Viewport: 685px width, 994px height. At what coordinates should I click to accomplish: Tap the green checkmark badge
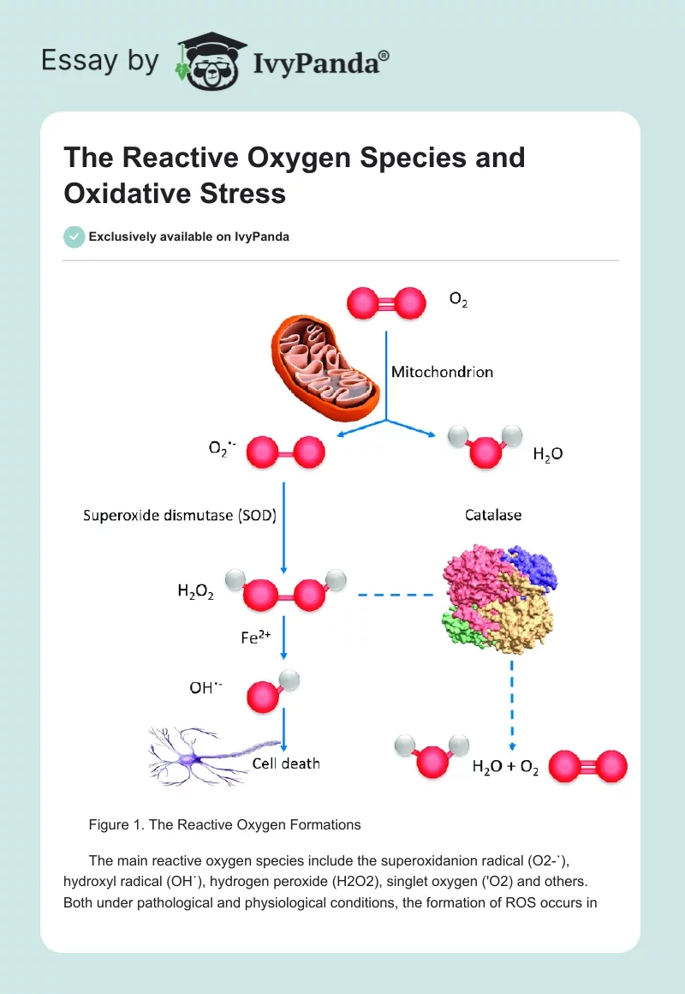[74, 237]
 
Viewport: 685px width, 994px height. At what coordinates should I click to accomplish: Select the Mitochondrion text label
[442, 372]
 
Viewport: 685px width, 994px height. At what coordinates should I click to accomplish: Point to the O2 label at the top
[458, 301]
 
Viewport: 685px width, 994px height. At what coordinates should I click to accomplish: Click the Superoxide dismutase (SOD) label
[179, 516]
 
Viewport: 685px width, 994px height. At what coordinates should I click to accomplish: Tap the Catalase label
[493, 516]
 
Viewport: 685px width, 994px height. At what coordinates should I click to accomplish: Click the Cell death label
[286, 763]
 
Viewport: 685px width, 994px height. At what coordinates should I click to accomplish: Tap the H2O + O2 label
[505, 769]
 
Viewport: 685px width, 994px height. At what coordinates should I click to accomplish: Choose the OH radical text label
[205, 688]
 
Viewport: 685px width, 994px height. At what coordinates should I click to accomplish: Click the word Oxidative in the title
[122, 193]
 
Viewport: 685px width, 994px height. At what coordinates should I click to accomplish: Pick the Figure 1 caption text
[224, 825]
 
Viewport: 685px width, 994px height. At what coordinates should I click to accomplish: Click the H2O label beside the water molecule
[548, 455]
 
